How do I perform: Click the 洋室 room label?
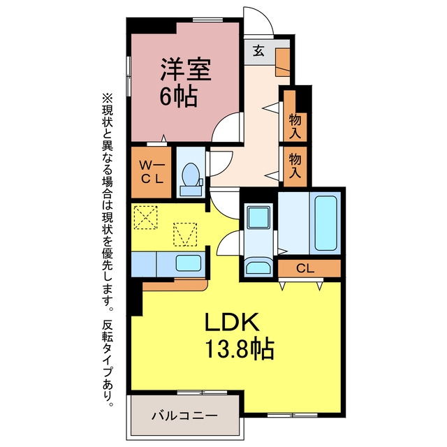[186, 69]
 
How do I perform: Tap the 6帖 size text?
[179, 96]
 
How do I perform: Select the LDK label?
[232, 322]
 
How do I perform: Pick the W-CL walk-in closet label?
[152, 173]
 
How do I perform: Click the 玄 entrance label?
[258, 51]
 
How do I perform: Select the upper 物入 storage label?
[295, 126]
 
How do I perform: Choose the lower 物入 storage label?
[295, 166]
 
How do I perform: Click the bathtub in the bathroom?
[325, 223]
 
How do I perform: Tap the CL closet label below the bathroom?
[305, 268]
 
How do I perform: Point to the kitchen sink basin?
[189, 263]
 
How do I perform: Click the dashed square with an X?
[146, 217]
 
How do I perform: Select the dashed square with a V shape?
[185, 235]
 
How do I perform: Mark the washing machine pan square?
[258, 217]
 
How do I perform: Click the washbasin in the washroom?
[258, 266]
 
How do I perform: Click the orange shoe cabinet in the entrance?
[282, 62]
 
